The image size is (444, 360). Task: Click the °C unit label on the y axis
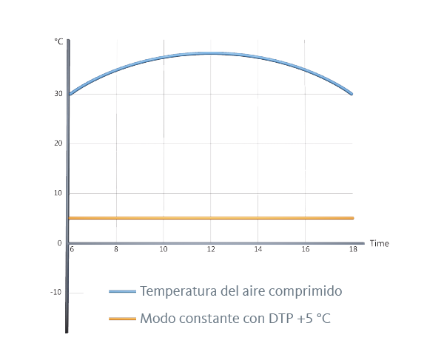pos(59,41)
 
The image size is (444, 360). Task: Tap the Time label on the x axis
pos(379,243)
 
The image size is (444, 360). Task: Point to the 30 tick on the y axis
pos(58,94)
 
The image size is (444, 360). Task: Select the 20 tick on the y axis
pos(58,143)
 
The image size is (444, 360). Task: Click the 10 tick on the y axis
pos(58,193)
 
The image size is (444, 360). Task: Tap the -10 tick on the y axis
pos(57,292)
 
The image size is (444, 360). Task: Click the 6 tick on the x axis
pos(72,250)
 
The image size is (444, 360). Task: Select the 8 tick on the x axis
pos(116,250)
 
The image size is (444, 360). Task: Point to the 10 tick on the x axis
pos(164,250)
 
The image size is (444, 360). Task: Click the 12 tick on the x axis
pos(211,250)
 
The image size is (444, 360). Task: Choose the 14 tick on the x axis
pos(258,250)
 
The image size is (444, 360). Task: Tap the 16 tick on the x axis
pos(306,250)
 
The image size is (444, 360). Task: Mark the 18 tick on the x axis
pos(353,250)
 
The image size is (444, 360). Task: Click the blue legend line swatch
pos(122,292)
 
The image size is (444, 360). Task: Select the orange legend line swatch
pos(122,319)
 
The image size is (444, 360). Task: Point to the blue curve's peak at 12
pos(211,53)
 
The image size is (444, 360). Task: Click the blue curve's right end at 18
pos(351,94)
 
